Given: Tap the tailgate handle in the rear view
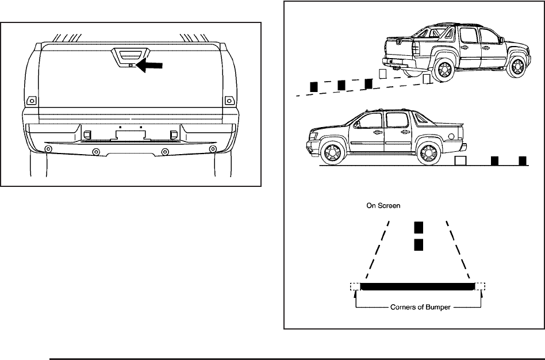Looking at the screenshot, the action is click(131, 58).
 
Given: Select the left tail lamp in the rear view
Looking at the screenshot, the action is click(32, 100).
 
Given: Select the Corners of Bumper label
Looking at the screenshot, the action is click(418, 308).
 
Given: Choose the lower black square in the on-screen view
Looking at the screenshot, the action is click(419, 245).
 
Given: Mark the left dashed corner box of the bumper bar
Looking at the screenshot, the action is click(355, 286).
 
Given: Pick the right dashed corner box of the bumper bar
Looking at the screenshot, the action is click(481, 286).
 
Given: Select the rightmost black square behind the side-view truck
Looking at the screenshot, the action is click(523, 160).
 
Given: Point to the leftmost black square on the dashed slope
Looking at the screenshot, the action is click(314, 86).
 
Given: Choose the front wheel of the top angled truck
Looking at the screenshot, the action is click(517, 63).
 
